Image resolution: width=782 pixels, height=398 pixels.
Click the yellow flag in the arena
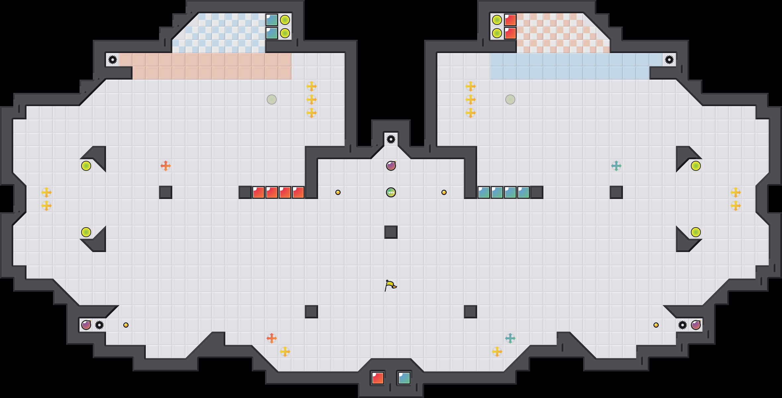click(x=390, y=285)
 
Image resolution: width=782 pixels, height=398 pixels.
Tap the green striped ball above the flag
click(x=391, y=192)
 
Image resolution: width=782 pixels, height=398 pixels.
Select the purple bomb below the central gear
click(x=391, y=166)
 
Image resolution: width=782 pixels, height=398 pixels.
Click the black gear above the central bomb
click(x=391, y=139)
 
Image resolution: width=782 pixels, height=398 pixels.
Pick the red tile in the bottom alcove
click(x=378, y=378)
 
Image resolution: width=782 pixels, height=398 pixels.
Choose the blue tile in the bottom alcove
click(x=404, y=378)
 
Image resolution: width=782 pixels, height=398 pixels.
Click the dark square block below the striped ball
click(x=391, y=232)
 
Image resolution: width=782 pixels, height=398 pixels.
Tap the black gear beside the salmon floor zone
click(x=113, y=60)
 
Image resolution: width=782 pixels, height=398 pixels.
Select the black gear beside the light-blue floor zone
click(x=669, y=60)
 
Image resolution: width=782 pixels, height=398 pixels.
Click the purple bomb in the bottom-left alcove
click(x=86, y=325)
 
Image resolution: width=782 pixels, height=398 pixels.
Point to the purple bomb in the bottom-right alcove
click(x=696, y=325)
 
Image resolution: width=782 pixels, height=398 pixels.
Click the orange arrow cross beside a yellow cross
click(x=272, y=338)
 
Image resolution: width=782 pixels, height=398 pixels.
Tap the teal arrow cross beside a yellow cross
click(x=510, y=338)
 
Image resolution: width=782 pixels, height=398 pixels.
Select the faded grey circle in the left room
click(x=272, y=99)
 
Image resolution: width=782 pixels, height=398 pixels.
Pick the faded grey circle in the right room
click(x=510, y=99)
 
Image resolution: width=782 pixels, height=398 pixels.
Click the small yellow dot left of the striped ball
click(x=338, y=192)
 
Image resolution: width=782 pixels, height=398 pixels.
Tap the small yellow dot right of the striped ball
click(x=444, y=192)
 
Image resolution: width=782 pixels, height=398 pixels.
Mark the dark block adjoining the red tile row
click(x=245, y=192)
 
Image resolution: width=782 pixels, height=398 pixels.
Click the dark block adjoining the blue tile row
click(x=537, y=192)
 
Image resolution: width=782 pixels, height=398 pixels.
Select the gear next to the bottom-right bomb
click(x=683, y=325)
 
